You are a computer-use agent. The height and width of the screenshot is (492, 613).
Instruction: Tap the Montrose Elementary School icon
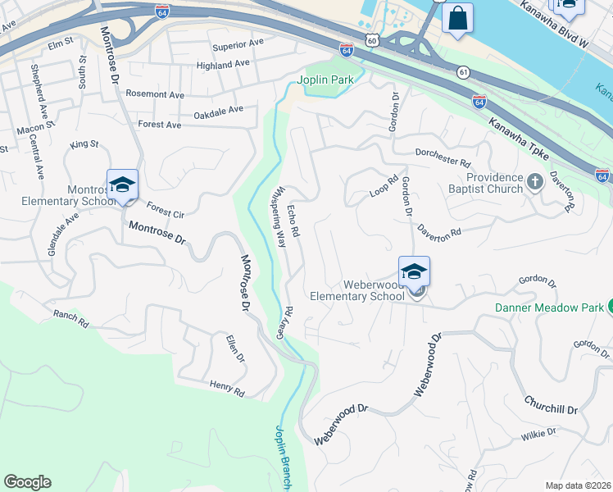(x=122, y=185)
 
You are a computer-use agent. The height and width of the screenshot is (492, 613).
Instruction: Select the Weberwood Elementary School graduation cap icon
(x=414, y=272)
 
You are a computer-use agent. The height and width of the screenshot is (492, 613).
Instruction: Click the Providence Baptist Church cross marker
(x=534, y=181)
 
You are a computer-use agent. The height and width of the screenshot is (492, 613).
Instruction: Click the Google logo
(x=27, y=482)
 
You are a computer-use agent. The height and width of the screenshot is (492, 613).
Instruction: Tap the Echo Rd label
(x=293, y=222)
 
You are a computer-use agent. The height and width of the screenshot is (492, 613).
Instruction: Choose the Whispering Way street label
(x=279, y=217)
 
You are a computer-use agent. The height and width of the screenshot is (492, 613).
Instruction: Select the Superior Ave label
(x=238, y=43)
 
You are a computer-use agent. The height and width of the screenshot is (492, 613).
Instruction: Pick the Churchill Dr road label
(x=551, y=404)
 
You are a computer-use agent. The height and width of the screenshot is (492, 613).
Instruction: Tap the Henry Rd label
(x=227, y=388)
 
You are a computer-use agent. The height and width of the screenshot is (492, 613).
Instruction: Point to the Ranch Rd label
(x=70, y=318)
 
